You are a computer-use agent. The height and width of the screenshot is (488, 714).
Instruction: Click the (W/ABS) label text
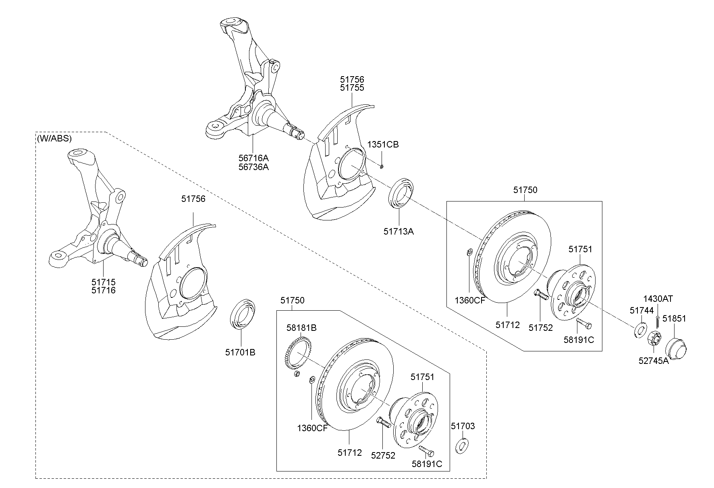coord(54,139)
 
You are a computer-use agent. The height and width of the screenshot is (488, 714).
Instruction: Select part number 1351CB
coord(383,144)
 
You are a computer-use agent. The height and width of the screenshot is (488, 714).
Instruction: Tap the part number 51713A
coord(399,231)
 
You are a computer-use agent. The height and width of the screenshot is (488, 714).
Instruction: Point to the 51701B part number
coord(240,352)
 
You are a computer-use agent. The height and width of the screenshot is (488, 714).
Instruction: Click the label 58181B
coord(301,328)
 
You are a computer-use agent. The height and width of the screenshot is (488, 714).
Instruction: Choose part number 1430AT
coord(658,299)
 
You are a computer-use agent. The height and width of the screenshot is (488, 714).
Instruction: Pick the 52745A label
coord(654,361)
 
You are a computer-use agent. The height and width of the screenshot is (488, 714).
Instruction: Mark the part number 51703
coord(463,426)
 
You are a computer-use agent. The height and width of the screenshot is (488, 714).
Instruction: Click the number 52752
coord(383,455)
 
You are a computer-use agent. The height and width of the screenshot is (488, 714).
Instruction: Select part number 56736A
coord(253,166)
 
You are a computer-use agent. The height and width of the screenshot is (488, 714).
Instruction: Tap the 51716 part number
coord(104,290)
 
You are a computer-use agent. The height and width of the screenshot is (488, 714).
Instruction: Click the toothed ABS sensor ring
coord(298,354)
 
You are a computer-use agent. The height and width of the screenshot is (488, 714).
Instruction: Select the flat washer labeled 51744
coord(640,330)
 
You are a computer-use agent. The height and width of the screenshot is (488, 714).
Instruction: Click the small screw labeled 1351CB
coord(382,166)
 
